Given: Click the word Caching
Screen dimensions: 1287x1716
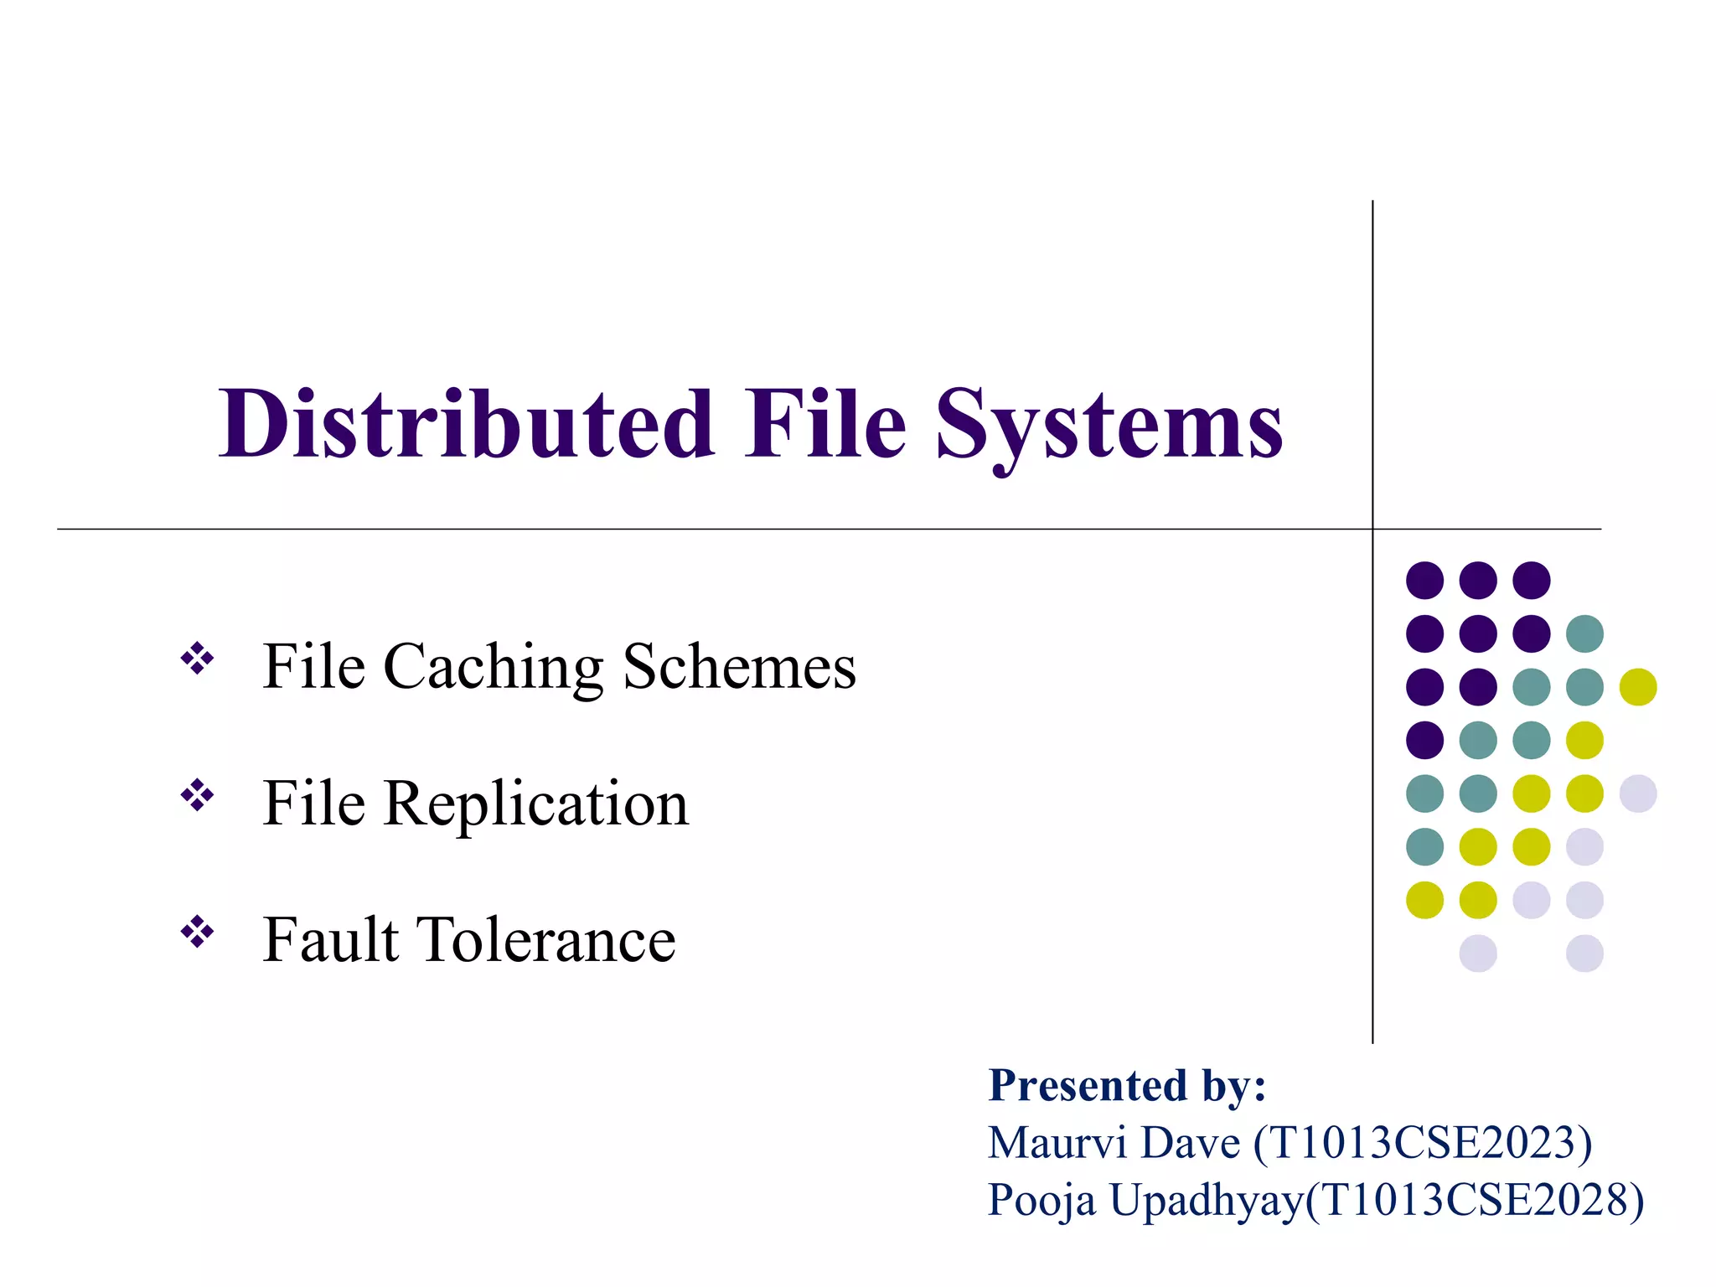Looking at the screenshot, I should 493,668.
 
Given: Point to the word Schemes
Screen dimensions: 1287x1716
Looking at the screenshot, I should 739,668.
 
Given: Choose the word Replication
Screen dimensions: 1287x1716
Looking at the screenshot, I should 535,804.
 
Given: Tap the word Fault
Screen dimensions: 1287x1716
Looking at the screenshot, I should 331,940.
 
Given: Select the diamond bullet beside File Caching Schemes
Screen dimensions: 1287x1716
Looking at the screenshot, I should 198,659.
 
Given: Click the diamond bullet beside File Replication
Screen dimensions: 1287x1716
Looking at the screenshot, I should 198,795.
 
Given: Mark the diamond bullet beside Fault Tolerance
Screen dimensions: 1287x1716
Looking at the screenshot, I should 198,931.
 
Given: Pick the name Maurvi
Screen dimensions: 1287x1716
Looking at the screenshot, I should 1060,1144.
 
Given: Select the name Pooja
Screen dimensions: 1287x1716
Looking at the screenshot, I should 1041,1201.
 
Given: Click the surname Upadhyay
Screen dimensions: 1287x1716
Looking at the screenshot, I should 1207,1201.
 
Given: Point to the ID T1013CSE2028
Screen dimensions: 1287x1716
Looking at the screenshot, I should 1474,1201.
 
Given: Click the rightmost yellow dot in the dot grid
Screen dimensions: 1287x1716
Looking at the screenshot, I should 1638,687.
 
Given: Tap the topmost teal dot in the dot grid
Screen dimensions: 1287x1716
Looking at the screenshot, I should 1584,633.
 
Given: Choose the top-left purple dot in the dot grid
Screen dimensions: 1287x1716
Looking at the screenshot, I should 1424,580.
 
